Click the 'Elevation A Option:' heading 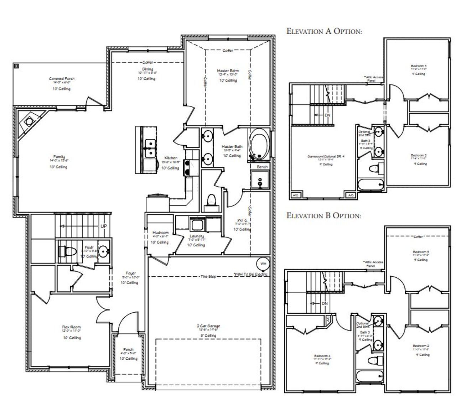click(324, 31)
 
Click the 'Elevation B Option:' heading click(323, 215)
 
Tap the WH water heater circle click(263, 264)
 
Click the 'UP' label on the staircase click(103, 226)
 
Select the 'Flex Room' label click(71, 327)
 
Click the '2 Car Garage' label click(208, 326)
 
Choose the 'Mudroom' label click(160, 233)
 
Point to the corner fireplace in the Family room click(28, 122)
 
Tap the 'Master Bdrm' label click(228, 71)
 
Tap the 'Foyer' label click(131, 273)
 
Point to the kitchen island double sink click(151, 148)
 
